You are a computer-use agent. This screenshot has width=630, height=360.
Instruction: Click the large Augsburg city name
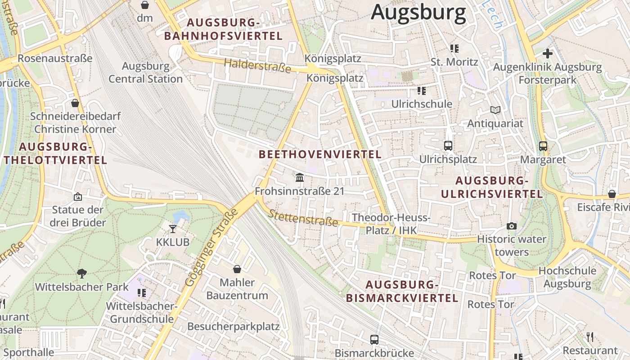[x=418, y=12]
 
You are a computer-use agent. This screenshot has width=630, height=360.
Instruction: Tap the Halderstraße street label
[x=257, y=66]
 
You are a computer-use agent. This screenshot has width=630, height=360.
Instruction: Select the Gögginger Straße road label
[x=211, y=247]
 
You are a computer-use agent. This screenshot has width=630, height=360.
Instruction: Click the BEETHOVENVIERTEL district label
[x=320, y=154]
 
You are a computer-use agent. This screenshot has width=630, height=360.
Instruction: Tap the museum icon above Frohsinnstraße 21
[x=300, y=178]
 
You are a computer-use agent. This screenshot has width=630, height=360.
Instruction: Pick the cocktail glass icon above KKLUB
[x=173, y=229]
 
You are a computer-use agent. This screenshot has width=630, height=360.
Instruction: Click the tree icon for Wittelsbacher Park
[x=82, y=273]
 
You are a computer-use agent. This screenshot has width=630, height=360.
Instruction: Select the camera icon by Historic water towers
[x=512, y=226]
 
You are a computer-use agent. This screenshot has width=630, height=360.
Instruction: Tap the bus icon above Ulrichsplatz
[x=448, y=145]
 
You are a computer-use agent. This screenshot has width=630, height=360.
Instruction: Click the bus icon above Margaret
[x=543, y=146]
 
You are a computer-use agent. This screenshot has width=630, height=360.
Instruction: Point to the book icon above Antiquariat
[x=495, y=110]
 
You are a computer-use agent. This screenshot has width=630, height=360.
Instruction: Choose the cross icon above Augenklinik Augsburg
[x=547, y=54]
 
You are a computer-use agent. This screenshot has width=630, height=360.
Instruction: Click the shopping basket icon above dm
[x=145, y=5]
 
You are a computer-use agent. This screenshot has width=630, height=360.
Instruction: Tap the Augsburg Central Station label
[x=145, y=72]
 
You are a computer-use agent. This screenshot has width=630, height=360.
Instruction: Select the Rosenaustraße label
[x=55, y=58]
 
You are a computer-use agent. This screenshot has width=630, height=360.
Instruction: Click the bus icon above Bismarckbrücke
[x=374, y=339]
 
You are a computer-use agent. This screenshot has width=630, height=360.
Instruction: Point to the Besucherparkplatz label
[x=234, y=326]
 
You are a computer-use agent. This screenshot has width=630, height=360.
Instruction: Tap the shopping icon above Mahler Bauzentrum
[x=237, y=269]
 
